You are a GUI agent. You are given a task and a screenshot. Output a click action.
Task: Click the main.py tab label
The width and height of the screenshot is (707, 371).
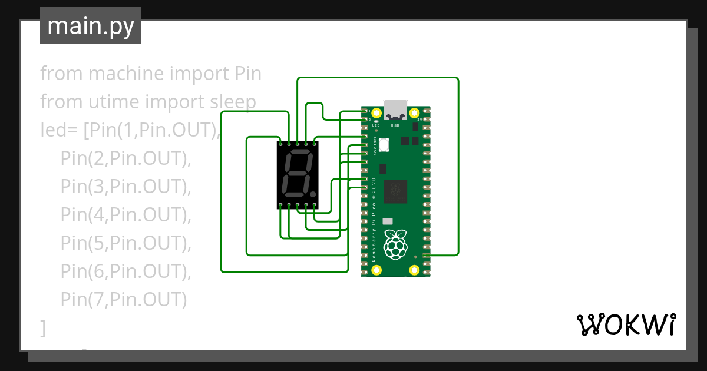[91, 26]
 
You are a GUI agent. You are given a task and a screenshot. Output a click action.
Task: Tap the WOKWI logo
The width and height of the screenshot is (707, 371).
[625, 324]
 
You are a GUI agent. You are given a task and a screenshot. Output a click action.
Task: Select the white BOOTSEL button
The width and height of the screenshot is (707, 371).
[384, 144]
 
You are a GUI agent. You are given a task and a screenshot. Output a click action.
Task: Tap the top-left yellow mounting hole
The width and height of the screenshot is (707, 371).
[376, 112]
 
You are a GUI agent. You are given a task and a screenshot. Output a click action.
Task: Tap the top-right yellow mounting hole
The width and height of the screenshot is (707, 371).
[414, 112]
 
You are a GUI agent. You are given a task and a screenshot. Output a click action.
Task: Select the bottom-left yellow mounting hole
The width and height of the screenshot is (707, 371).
[376, 270]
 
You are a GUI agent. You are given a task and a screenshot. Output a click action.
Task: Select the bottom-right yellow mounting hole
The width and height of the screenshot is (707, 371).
[414, 270]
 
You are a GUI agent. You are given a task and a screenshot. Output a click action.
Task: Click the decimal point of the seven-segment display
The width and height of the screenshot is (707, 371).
[313, 194]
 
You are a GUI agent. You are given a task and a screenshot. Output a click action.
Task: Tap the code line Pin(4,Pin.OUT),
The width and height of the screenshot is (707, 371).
[126, 215]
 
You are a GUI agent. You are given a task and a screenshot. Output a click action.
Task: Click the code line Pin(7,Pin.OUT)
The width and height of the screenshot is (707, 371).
[124, 300]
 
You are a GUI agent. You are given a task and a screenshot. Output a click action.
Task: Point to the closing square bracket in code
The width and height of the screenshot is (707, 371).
[43, 328]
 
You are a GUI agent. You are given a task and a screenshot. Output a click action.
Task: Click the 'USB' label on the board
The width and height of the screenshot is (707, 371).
[395, 125]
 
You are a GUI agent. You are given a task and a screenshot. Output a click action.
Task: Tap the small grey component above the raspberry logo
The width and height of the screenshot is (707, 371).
[387, 221]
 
